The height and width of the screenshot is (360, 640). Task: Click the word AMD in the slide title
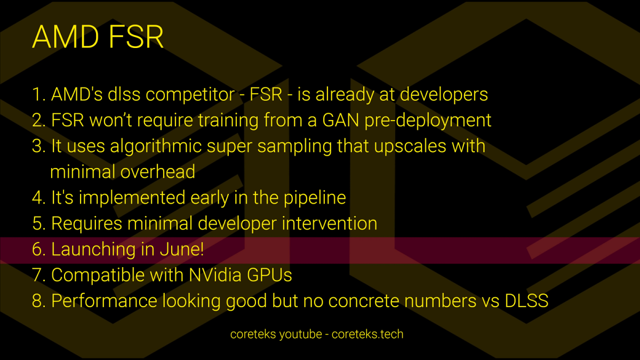(66, 37)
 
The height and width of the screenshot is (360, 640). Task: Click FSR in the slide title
(136, 37)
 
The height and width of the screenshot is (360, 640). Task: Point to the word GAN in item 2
(341, 120)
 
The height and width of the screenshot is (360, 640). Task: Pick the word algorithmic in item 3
(156, 146)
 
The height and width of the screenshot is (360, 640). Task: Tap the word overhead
(158, 172)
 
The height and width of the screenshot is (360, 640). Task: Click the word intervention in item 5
(330, 223)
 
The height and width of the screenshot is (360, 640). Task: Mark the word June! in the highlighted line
(182, 249)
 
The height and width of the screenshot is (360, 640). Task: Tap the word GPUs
(269, 275)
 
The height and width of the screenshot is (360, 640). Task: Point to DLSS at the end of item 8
(526, 301)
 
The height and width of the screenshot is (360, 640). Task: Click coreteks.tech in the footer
(367, 334)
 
